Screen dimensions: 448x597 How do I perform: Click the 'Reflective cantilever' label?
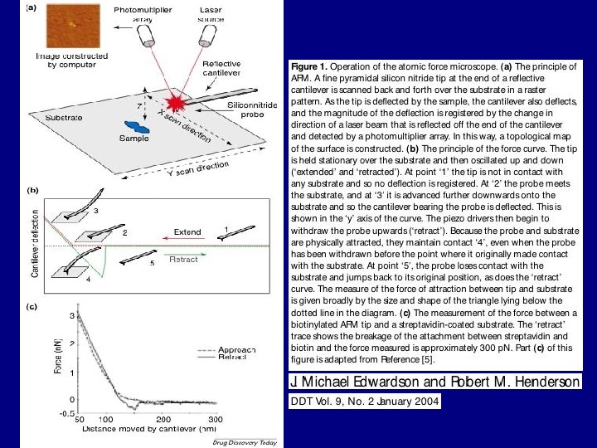point(221,69)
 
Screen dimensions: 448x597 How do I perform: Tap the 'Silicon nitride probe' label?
point(246,110)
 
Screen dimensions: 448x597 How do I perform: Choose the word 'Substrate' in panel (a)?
point(63,118)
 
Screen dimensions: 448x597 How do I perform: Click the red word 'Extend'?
point(187,231)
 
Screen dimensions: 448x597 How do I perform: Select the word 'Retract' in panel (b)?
point(183,260)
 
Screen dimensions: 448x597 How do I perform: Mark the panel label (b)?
point(33,190)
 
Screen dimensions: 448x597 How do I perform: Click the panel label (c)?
point(32,307)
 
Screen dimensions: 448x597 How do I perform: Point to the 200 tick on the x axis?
point(163,420)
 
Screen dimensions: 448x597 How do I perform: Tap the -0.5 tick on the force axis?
point(66,412)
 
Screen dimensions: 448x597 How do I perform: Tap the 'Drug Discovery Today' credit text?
point(245,443)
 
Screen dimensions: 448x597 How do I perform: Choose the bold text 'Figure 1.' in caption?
point(309,66)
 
